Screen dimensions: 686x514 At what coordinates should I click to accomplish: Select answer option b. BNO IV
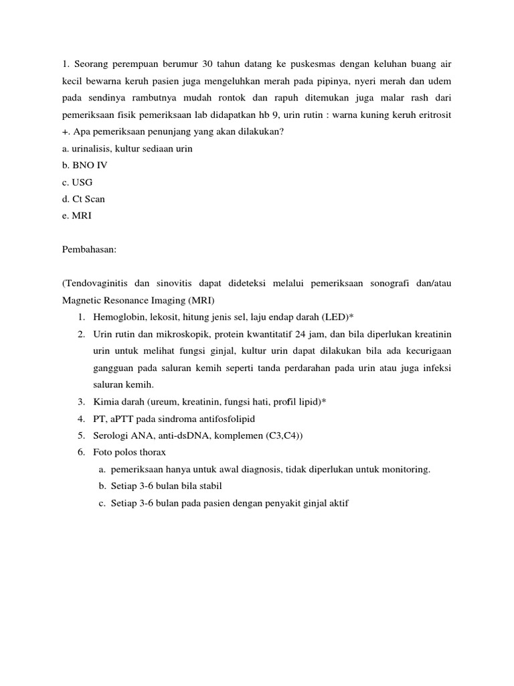pos(78,165)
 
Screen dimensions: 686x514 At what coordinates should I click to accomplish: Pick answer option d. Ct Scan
pos(82,200)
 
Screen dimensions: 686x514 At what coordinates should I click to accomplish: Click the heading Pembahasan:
pos(89,249)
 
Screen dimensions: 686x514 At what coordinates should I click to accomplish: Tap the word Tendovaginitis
pos(95,283)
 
